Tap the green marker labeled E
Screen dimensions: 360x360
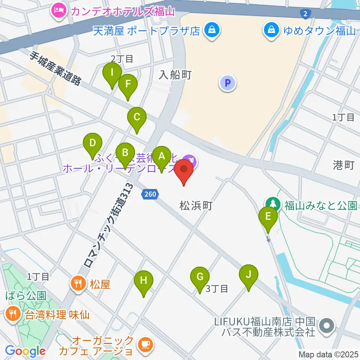[268, 217]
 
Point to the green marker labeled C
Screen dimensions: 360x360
[137, 118]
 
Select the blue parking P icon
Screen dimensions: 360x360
[227, 83]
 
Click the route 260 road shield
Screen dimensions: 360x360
[151, 194]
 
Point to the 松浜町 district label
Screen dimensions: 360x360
[196, 205]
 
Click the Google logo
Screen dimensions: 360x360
[25, 351]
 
